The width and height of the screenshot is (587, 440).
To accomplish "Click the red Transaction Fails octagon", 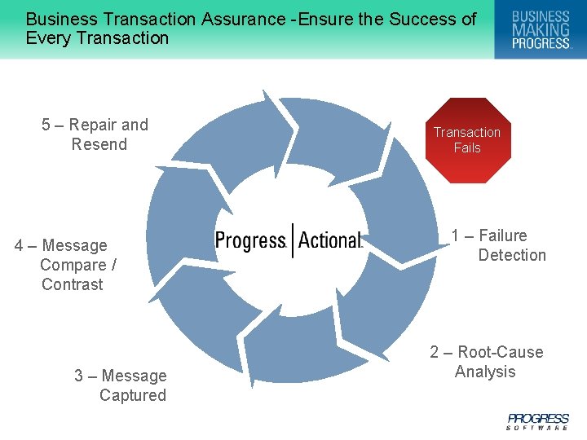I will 467,140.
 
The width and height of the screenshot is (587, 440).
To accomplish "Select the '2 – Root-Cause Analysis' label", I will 487,362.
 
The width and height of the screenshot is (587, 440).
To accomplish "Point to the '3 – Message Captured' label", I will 121,385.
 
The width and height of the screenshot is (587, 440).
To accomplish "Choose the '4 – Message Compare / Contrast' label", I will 66,265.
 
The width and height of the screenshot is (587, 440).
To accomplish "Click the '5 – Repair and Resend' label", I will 95,134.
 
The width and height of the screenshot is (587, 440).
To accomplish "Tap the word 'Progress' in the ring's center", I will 250,240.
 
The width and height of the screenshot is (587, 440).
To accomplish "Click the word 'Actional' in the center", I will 330,240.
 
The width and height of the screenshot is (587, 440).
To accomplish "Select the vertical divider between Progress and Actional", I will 292,240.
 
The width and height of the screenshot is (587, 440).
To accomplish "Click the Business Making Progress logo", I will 541,29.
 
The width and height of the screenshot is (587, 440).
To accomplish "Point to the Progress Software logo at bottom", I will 538,420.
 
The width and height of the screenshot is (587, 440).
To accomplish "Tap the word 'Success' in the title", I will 417,19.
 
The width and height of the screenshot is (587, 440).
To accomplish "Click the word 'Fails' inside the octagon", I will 467,147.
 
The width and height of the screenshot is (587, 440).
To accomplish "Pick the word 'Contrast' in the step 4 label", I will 73,284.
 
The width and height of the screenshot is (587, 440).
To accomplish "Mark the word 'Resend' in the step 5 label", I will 99,144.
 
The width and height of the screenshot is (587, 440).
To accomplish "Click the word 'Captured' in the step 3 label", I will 133,395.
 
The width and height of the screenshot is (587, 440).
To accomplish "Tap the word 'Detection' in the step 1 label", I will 512,255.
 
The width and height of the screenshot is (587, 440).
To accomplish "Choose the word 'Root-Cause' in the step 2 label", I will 501,352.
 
